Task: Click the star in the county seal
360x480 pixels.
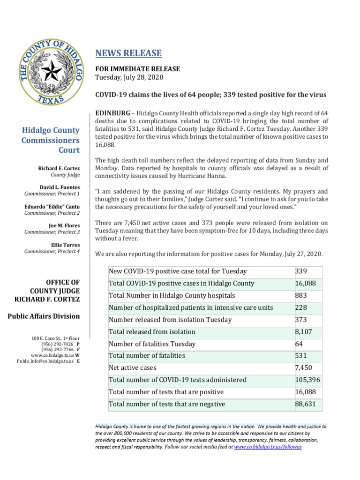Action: point(51,71)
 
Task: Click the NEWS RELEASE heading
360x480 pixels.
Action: point(128,53)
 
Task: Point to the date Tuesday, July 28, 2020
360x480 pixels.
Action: point(129,77)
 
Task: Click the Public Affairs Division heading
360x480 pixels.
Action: point(44,316)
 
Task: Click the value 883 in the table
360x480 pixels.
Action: point(301,296)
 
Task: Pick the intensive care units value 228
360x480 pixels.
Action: point(301,308)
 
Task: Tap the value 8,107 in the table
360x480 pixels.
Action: point(303,332)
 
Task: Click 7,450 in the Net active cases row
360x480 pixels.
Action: point(303,368)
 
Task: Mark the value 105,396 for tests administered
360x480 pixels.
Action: point(307,380)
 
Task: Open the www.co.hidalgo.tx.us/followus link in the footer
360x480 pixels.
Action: point(268,447)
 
